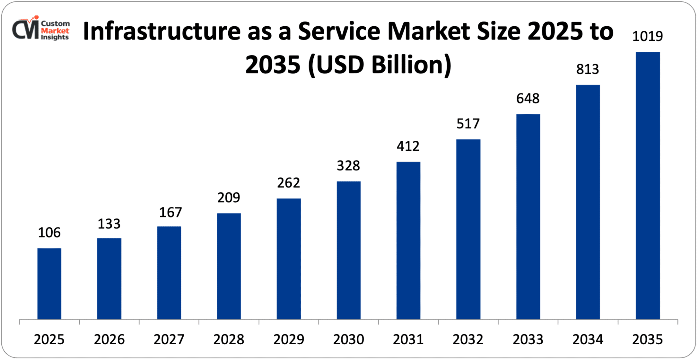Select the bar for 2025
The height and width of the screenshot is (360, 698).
coord(49,284)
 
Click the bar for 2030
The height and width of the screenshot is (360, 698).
coord(349,250)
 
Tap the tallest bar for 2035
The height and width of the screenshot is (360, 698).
coord(648,185)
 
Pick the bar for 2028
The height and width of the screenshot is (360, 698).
coord(229,266)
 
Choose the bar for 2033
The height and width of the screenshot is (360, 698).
coord(528,216)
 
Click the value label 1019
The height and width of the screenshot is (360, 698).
coord(647,36)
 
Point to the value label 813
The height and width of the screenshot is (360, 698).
coord(588,69)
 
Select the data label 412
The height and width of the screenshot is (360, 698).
coord(408,146)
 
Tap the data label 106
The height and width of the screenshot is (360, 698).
coord(49,233)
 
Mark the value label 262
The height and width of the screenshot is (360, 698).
coord(289,183)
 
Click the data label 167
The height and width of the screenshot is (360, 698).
coord(171,212)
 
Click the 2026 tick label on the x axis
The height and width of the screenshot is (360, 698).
coord(109,339)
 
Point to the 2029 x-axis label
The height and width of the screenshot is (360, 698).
coord(289,339)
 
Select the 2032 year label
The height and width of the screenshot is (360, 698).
coord(468,339)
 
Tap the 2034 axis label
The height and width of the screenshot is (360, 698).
coord(588,339)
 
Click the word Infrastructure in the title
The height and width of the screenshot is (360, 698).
coord(162,31)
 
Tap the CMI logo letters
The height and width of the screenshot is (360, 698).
coord(25,29)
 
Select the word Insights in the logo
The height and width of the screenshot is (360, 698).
coord(55,37)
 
